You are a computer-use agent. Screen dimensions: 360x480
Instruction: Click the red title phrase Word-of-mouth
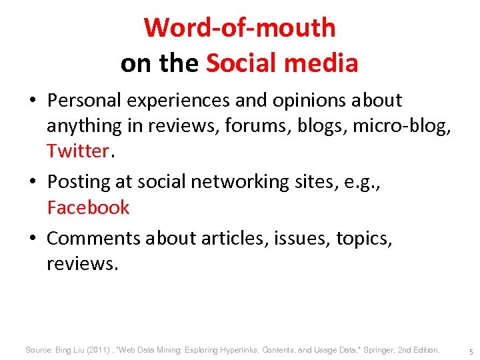[x=239, y=28]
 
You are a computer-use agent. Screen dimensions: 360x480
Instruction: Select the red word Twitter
[x=77, y=151]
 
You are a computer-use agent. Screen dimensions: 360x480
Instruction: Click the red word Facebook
[x=88, y=207]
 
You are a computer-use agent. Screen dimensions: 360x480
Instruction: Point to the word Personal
[x=85, y=101]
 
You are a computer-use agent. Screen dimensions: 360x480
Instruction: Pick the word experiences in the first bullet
[x=178, y=101]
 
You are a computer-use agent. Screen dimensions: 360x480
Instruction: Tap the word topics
[x=364, y=238]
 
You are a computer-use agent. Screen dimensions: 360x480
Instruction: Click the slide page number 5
[x=471, y=351]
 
